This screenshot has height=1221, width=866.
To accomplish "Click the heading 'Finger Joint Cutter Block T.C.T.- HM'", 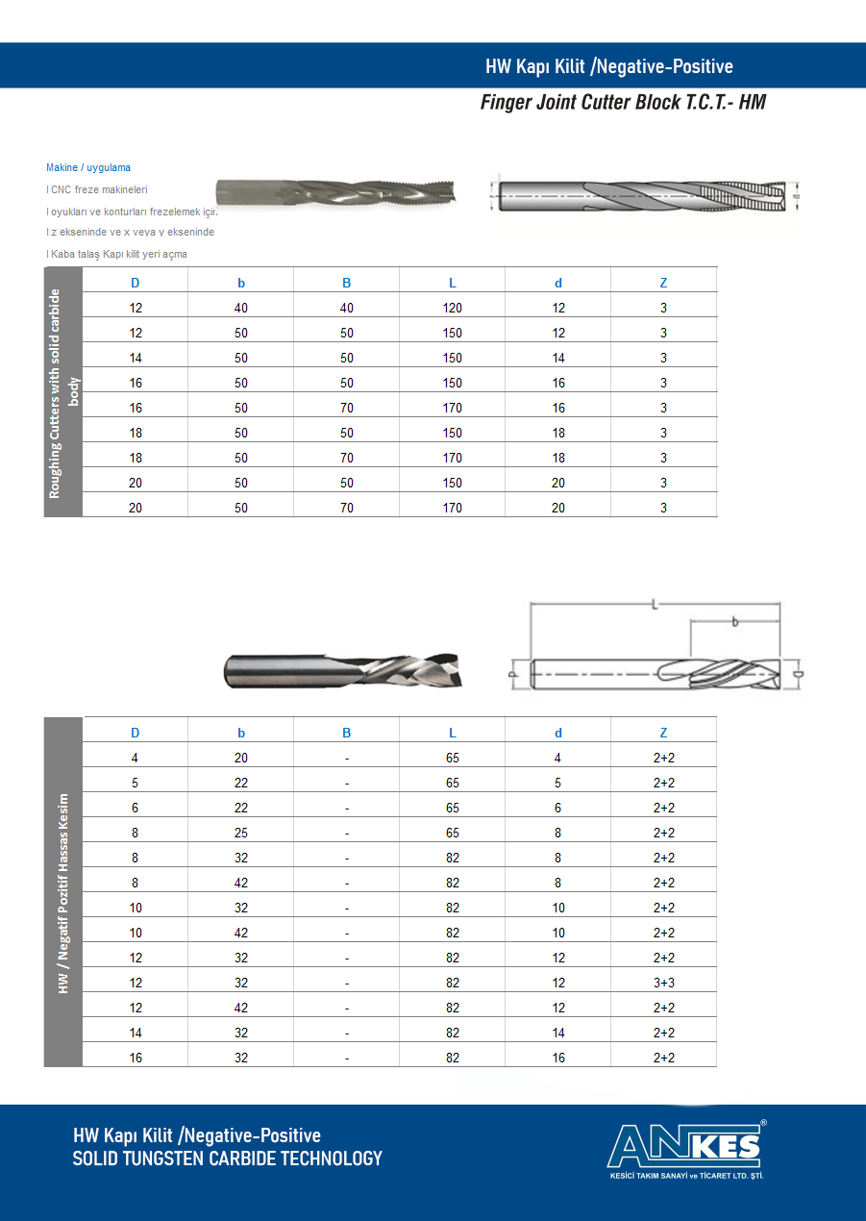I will [623, 102].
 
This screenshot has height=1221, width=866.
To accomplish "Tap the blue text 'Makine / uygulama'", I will [88, 168].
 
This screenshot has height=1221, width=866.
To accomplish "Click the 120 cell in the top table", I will [452, 308].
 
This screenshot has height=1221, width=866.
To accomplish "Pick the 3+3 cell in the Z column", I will [663, 983].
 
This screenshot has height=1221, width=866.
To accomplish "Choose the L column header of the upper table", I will [452, 283].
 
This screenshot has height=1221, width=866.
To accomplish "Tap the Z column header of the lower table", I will [663, 733].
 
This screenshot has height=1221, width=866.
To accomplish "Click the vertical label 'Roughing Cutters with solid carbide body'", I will [63, 392].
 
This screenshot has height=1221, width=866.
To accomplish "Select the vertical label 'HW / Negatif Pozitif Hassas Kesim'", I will [63, 892].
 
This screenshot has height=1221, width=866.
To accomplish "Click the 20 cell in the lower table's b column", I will [241, 758].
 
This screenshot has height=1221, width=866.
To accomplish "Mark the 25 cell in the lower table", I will [241, 833].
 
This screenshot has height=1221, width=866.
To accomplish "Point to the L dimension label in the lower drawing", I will [655, 605].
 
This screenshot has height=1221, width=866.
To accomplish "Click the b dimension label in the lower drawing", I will [735, 623].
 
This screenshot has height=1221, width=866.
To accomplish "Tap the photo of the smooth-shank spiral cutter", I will [342, 670].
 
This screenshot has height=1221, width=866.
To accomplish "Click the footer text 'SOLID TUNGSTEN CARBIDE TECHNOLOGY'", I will [228, 1159].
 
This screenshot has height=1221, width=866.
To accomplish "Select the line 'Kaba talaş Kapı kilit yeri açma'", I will [117, 255].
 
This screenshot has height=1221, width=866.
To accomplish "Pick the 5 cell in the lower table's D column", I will [136, 783].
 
